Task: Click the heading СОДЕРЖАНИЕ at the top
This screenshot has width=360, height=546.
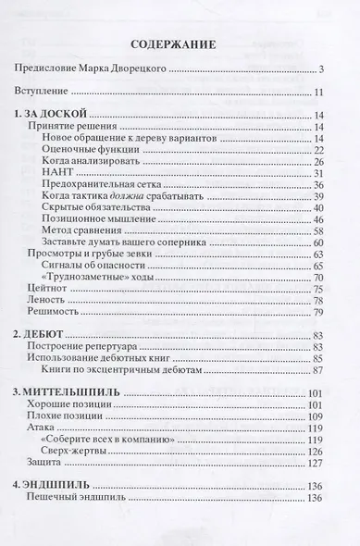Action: click(180, 43)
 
